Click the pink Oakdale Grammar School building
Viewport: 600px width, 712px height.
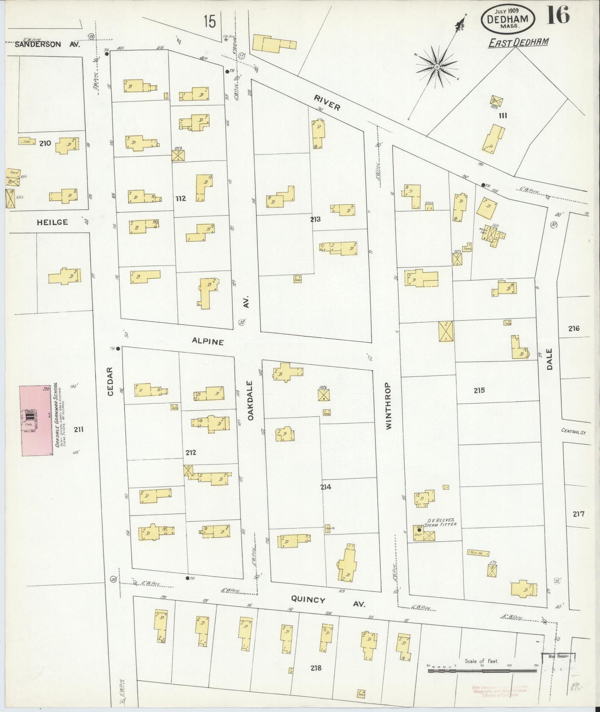[x=37, y=420]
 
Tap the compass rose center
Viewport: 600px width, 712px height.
[x=437, y=66]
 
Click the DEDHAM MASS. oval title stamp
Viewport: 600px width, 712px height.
[x=508, y=19]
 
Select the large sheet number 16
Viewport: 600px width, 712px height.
[x=557, y=16]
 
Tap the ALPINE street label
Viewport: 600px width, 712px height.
[x=208, y=341]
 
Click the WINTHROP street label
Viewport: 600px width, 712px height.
[x=389, y=405]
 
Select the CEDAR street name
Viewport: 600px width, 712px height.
[x=110, y=381]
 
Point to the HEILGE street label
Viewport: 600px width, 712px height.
[x=52, y=222]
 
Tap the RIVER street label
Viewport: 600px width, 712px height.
[x=327, y=103]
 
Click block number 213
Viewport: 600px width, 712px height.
[x=315, y=219]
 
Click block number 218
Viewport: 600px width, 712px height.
[x=316, y=668]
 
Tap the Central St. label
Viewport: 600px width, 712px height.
[x=573, y=432]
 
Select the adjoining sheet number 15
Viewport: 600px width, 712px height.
[x=210, y=22]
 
